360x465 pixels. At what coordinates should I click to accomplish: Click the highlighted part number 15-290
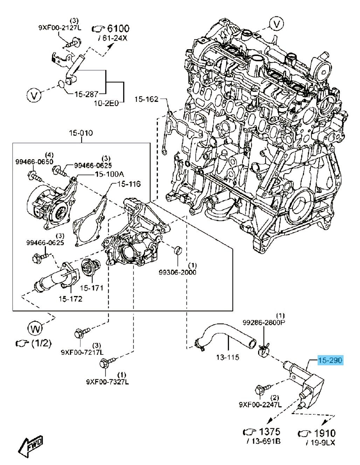pos(330,360)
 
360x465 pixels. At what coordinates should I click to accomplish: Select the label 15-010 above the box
pos(81,133)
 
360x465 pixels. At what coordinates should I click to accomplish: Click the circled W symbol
pos(35,329)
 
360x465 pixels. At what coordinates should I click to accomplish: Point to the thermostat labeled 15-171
pos(86,269)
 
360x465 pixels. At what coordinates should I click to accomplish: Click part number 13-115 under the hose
pos(228,357)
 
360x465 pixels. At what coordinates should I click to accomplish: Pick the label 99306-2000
pos(177,272)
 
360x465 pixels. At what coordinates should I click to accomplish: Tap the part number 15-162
pos(147,99)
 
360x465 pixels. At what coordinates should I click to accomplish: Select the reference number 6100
pos(118,29)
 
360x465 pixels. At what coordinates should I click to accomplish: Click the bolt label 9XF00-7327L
pos(108,382)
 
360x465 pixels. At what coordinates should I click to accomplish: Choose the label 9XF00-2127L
pos(60,28)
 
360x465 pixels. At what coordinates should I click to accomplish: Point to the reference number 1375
pos(269,432)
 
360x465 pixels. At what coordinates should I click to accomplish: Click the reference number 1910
pos(325,434)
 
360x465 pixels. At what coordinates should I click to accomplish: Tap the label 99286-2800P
pos(264,322)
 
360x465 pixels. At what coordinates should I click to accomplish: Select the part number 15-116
pos(129,184)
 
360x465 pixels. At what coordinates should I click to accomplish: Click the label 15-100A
pos(109,174)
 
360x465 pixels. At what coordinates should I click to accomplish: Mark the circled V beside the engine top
pos(277,24)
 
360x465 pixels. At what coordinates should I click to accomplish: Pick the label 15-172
pos(70,299)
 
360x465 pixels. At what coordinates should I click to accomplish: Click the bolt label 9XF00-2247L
pos(260,404)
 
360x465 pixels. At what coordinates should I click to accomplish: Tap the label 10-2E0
pos(106,103)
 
